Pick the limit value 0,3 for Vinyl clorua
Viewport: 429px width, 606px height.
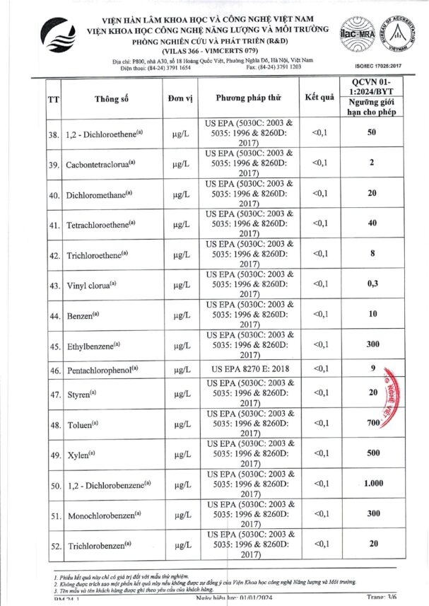pyautogui.click(x=371, y=284)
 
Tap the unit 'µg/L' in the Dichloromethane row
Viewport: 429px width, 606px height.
pyautogui.click(x=181, y=194)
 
